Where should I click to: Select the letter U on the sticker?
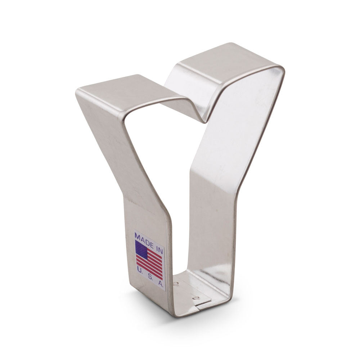139,270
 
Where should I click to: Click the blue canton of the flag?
141,250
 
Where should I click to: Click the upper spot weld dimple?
176,284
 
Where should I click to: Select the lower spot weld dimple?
196,298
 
